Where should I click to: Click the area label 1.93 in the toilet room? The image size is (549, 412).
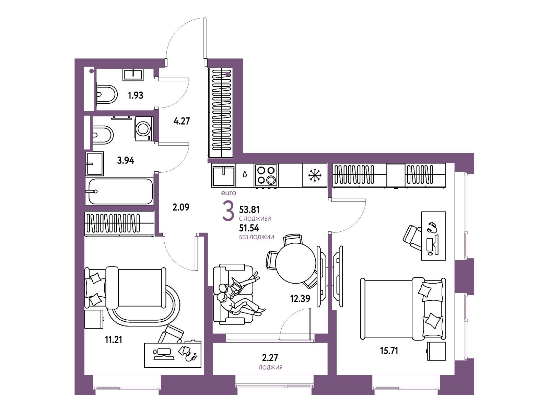pos(136,95)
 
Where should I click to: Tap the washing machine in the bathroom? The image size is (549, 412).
pos(144,129)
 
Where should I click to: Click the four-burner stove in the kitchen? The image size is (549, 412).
pos(266,175)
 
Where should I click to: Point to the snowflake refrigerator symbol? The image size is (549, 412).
pos(314,175)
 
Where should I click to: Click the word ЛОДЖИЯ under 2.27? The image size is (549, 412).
pos(270,367)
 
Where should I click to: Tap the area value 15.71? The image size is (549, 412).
pos(389,351)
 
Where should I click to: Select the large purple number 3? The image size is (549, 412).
pos(228,212)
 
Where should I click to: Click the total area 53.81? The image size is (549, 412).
pos(249,209)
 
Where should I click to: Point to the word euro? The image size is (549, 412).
pos(229,193)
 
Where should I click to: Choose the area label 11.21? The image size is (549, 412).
pos(113,340)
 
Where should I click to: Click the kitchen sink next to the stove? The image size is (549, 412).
pos(223,175)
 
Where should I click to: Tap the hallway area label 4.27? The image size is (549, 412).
pos(182,121)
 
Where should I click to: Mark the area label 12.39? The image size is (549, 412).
pos(300,298)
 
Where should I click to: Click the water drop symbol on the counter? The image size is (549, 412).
pos(245,174)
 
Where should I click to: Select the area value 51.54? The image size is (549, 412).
pos(249,228)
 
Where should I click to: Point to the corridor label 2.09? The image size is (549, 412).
pos(181,207)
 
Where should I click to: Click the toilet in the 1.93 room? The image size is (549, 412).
pos(107,94)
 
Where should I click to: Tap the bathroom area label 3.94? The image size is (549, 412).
pos(126,160)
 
